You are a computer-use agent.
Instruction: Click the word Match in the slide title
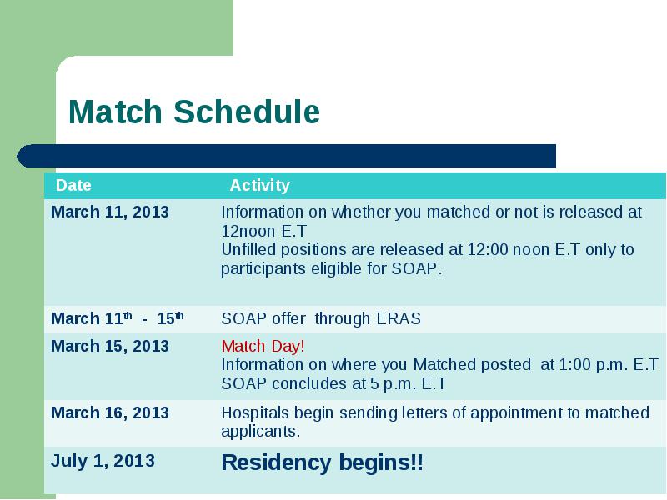(x=115, y=112)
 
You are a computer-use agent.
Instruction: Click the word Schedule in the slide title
(x=247, y=112)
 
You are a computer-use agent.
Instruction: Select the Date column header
(x=73, y=185)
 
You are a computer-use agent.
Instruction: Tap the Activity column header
(x=260, y=185)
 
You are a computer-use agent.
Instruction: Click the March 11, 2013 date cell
(x=110, y=212)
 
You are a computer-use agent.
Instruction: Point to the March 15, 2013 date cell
(x=110, y=346)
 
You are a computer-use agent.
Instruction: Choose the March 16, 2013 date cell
(x=110, y=412)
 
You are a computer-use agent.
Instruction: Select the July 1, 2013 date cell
(x=103, y=461)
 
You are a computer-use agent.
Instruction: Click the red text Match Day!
(x=263, y=346)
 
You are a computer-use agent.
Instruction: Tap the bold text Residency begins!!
(x=323, y=462)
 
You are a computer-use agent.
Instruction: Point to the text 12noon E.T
(x=263, y=231)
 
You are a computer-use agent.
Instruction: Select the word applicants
(x=261, y=432)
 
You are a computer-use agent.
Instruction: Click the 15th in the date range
(x=170, y=318)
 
